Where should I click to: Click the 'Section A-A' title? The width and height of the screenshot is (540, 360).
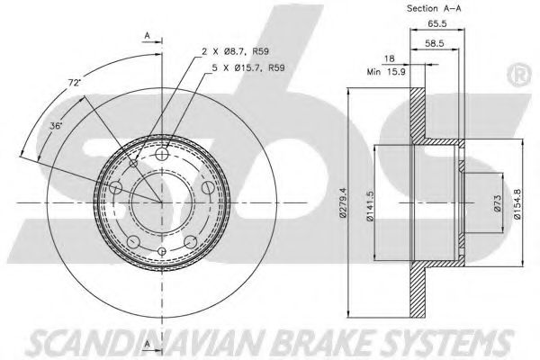[x=434, y=8]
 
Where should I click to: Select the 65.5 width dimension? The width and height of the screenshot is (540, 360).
[x=437, y=23]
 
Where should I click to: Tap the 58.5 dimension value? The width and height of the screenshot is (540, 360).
[x=435, y=43]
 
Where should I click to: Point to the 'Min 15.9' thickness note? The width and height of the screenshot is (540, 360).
[x=386, y=72]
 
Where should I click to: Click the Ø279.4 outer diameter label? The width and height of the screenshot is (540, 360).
[x=342, y=202]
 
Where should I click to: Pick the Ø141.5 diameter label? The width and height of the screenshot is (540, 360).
[x=370, y=206]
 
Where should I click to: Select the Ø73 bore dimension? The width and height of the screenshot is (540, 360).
[x=498, y=203]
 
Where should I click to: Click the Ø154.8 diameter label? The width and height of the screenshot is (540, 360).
[x=517, y=204]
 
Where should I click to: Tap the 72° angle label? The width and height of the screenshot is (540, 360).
[x=74, y=83]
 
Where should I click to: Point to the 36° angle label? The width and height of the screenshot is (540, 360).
[x=56, y=126]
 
